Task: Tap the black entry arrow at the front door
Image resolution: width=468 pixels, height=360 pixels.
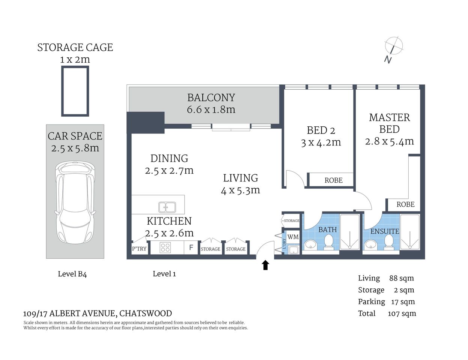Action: coord(265,265)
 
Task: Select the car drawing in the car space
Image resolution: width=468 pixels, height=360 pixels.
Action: coord(75,202)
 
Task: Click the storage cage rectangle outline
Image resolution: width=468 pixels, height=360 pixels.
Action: coord(75,91)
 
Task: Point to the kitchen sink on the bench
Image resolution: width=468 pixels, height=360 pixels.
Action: coord(167,207)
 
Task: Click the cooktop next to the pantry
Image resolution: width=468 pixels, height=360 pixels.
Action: coord(165,247)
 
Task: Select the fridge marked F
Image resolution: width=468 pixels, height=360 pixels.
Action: coord(191,247)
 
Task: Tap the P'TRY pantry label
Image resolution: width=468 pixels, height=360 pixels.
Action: coord(139,249)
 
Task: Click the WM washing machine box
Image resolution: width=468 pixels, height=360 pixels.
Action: coord(293,237)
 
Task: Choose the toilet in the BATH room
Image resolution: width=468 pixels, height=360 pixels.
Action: coord(329,242)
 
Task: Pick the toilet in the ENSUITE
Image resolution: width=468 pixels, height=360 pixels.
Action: coord(389,242)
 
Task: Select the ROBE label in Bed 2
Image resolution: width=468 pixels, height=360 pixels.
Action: coord(333,180)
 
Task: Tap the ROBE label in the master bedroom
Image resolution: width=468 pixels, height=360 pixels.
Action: coord(405,204)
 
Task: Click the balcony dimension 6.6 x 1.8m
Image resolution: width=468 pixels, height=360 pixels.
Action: coord(211,109)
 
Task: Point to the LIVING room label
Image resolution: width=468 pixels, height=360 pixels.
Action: coord(241,178)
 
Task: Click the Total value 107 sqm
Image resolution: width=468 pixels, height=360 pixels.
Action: coord(402,313)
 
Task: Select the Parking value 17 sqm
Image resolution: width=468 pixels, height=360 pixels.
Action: coord(403,302)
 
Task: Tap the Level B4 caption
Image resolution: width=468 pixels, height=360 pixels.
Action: coord(72,274)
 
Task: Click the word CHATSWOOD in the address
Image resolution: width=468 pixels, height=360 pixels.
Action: coord(146,313)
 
